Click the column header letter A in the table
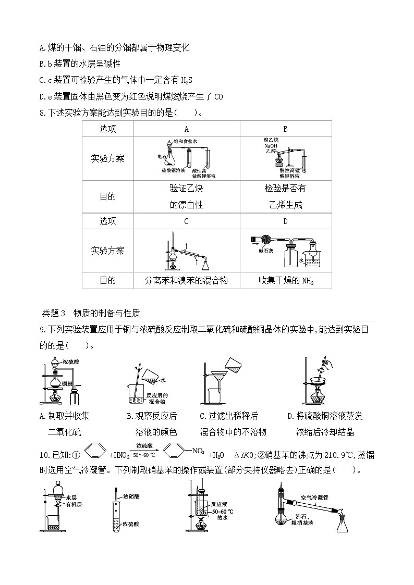(187, 129)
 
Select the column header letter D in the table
(285, 221)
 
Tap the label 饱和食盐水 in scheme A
(186, 141)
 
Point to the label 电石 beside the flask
(162, 156)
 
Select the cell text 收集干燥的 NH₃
(285, 280)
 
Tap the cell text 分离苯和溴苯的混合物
(187, 280)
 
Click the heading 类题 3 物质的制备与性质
(91, 313)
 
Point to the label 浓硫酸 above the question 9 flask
(70, 361)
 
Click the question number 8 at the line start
(43, 112)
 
